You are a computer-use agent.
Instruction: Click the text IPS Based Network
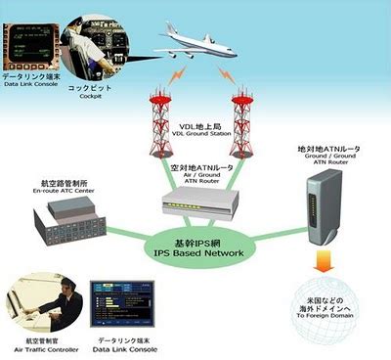click(195, 251)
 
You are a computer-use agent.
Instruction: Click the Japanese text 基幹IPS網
click(195, 240)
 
